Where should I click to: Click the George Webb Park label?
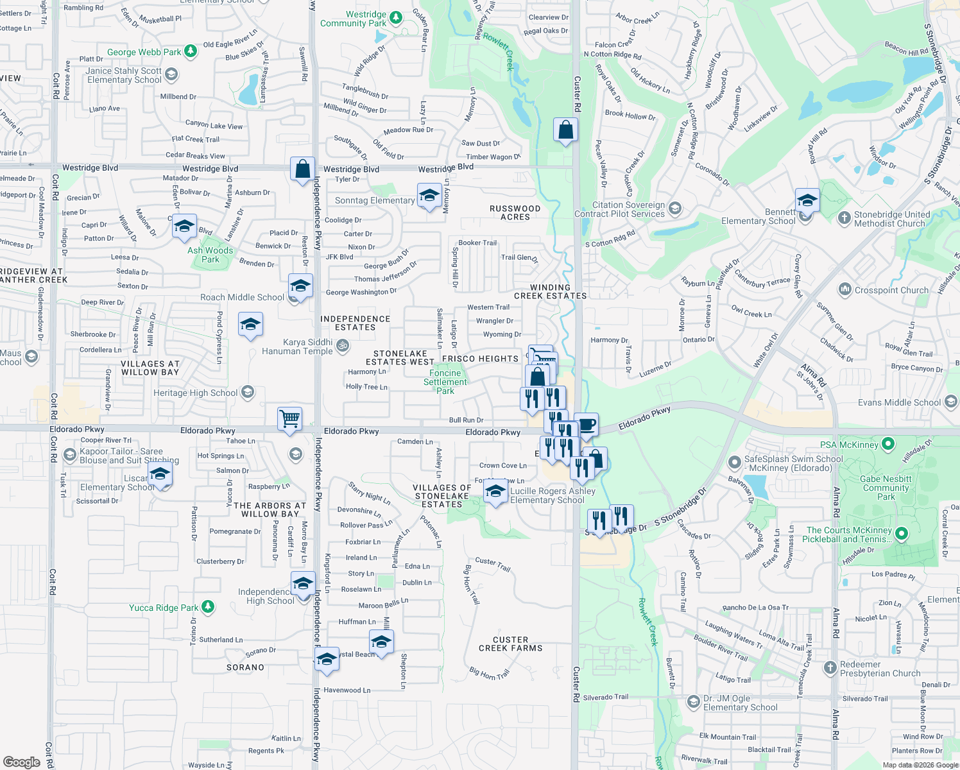click(x=144, y=52)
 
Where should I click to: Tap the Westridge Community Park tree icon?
click(x=397, y=17)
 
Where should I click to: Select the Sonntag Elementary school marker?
click(x=429, y=195)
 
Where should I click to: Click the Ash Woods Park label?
click(x=210, y=255)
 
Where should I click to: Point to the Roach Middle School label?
click(x=242, y=297)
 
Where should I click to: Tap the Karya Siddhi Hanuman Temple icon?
click(x=343, y=346)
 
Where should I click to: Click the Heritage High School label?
click(x=196, y=393)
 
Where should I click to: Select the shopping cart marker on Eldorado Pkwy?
click(x=289, y=418)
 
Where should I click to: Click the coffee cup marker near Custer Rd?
click(x=587, y=424)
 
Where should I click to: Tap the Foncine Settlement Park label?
click(x=445, y=382)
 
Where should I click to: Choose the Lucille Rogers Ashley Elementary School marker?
click(x=495, y=491)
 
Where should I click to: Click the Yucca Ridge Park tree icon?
click(x=207, y=606)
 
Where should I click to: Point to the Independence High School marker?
click(x=302, y=583)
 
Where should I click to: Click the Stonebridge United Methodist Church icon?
click(x=844, y=218)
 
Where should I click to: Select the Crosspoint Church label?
click(x=891, y=290)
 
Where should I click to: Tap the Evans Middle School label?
click(x=899, y=402)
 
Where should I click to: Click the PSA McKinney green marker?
click(x=888, y=443)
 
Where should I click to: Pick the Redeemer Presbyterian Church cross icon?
click(x=830, y=667)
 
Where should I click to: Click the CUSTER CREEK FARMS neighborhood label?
click(x=511, y=644)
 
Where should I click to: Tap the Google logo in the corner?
click(x=22, y=762)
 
